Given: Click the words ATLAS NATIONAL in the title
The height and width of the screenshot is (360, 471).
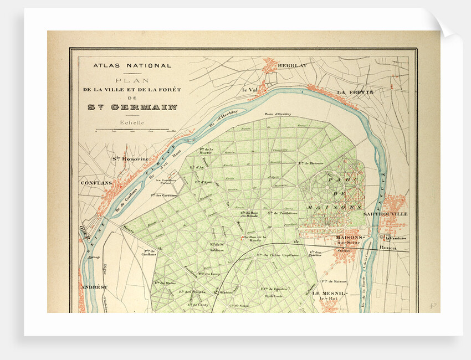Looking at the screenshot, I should [x=132, y=65].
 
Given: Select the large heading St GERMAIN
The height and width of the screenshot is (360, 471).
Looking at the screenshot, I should [x=132, y=107].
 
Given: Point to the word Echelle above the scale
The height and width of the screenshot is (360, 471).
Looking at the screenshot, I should [x=132, y=123].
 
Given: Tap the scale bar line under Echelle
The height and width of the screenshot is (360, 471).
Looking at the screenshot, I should [x=132, y=130].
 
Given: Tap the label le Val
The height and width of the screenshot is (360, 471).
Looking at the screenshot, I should [x=250, y=89].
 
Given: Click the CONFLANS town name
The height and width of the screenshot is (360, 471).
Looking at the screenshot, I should [x=96, y=182].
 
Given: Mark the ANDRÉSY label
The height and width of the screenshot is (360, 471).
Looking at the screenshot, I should [x=94, y=287].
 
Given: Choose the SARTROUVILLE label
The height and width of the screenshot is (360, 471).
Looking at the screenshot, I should [x=385, y=213].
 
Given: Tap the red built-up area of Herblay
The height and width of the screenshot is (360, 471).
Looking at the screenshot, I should [x=271, y=66].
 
